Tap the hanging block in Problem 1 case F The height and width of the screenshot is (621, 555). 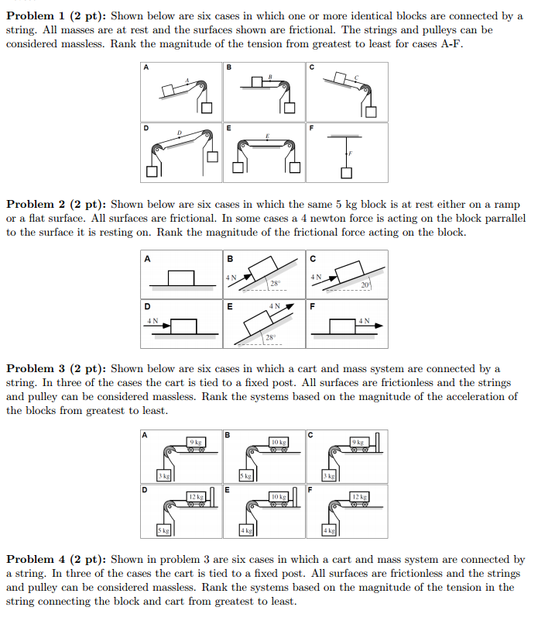point(348,172)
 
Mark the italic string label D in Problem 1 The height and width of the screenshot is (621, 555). point(179,133)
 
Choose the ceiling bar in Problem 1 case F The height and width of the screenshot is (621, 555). point(348,136)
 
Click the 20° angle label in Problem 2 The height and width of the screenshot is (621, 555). point(365,285)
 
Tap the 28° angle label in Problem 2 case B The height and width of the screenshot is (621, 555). point(274,283)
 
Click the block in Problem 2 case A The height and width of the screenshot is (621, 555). point(180,277)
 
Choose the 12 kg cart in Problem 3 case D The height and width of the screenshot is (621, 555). point(197,499)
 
